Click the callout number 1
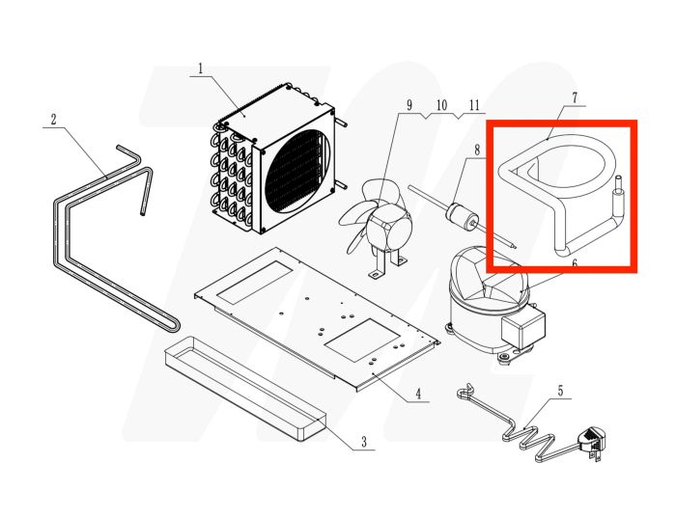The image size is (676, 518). pos(201,68)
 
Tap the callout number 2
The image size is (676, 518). pos(53,120)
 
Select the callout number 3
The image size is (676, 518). pos(364,443)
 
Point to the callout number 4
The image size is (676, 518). pos(417,394)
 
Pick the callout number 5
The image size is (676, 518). pos(559,392)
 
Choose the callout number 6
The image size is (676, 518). pos(575,262)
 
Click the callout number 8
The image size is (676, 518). pos(476,150)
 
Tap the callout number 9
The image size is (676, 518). pos(408,104)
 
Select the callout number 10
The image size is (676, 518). pos(441,104)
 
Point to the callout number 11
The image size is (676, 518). pos(474,104)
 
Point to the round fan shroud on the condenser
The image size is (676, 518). pos(296,170)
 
